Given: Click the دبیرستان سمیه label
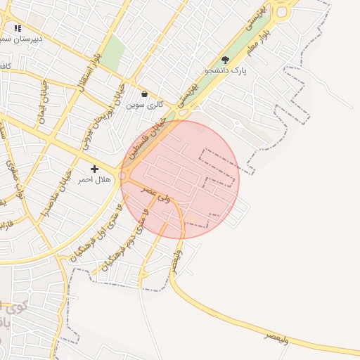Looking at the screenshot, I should click(x=21, y=39).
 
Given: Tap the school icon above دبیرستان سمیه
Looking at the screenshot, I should click(x=18, y=28).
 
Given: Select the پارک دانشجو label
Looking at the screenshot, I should click(x=226, y=71).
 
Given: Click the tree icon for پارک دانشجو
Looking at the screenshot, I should click(x=225, y=60).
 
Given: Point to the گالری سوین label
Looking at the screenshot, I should click(x=145, y=104).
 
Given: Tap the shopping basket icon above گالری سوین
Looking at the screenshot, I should click(x=144, y=94).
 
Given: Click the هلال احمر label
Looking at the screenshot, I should click(x=95, y=180).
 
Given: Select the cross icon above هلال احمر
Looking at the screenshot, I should click(x=95, y=169).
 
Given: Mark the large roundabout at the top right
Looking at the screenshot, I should click(x=284, y=10).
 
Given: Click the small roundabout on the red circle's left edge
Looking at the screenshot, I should click(x=123, y=176).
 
